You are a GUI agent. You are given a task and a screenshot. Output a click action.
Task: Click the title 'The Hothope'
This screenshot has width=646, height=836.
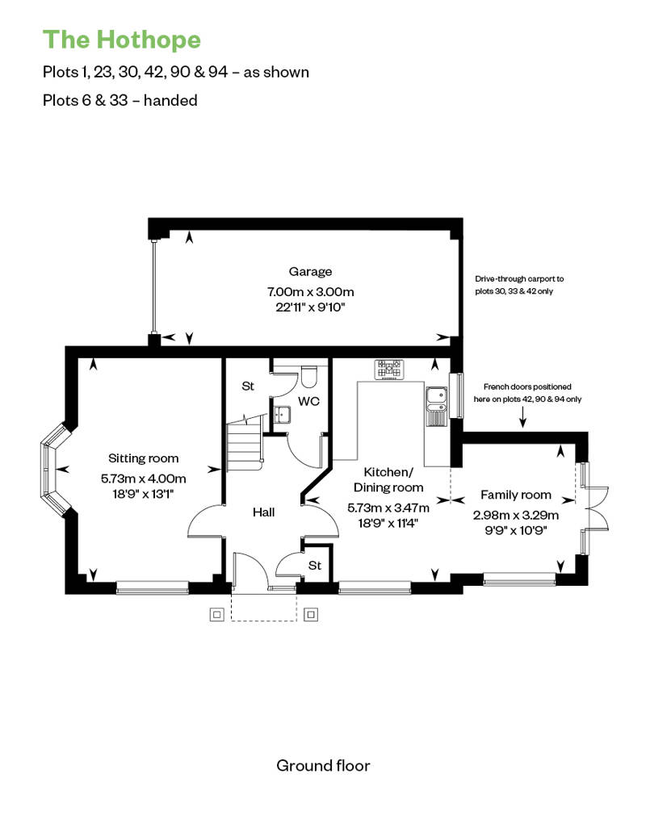pyautogui.click(x=122, y=40)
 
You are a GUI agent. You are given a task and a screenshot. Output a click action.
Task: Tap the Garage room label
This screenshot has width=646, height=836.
pyautogui.click(x=310, y=272)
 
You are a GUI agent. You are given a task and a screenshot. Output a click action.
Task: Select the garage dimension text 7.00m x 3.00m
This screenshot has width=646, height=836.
pyautogui.click(x=310, y=291)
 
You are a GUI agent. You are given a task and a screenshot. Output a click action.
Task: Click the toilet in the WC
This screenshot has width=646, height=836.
pyautogui.click(x=308, y=376)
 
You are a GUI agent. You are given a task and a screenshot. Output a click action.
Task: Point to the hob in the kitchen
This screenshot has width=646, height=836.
pyautogui.click(x=389, y=369)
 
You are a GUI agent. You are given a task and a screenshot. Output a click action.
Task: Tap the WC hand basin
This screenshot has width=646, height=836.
pyautogui.click(x=281, y=414)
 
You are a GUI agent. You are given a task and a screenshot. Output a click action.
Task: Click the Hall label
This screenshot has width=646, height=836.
pyautogui.click(x=263, y=512)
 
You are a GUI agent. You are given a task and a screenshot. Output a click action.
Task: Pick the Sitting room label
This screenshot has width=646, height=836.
pyautogui.click(x=144, y=458)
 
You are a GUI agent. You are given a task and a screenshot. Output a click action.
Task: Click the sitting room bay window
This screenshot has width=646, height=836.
pyautogui.click(x=54, y=470)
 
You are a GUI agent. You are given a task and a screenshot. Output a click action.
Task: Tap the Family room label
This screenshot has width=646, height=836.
pyautogui.click(x=516, y=495)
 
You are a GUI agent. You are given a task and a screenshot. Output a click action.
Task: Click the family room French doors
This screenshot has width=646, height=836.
pyautogui.click(x=594, y=507)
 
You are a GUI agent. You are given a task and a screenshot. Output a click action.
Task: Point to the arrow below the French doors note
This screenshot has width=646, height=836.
pyautogui.click(x=522, y=416)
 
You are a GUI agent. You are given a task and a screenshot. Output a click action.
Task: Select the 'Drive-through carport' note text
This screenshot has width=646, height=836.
pyautogui.click(x=519, y=285)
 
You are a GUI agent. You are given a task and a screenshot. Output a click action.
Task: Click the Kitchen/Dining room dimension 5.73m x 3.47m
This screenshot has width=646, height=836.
pyautogui.click(x=388, y=508)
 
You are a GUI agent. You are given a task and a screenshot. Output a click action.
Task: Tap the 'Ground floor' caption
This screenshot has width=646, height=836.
pyautogui.click(x=323, y=766)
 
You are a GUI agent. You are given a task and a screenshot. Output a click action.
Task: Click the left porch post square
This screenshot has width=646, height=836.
pyautogui.click(x=216, y=615)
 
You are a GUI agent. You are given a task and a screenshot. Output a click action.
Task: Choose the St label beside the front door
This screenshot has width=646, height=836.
pyautogui.click(x=315, y=565)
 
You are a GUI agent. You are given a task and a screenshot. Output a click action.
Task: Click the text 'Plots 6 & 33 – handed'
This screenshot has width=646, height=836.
pyautogui.click(x=120, y=100)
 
